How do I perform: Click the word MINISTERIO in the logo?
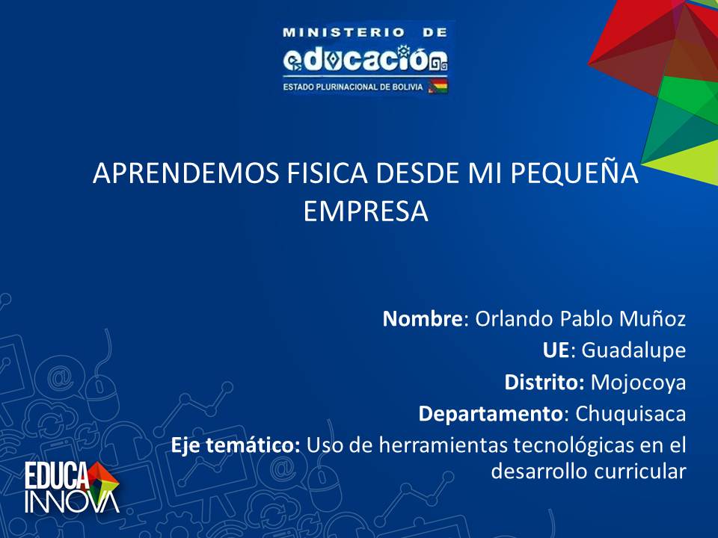344,32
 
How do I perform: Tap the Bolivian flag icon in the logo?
438,86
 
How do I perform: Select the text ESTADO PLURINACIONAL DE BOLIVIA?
353,87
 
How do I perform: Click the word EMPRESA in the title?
366,211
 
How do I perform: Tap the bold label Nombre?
423,318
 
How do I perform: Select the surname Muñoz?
652,318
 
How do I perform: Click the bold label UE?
556,350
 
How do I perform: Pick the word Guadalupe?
633,351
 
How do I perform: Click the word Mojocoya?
638,383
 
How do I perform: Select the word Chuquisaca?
630,414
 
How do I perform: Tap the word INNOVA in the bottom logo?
72,502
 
